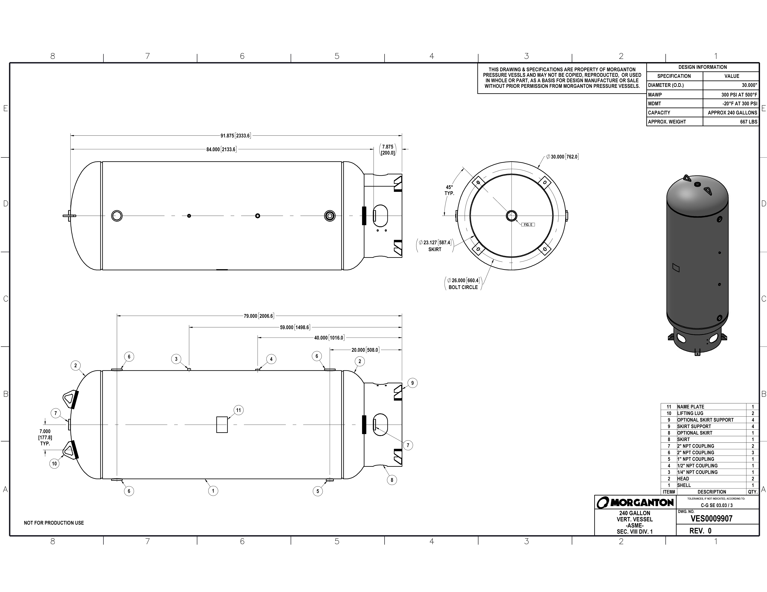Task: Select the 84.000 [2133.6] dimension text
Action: point(221,149)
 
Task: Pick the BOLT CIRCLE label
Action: point(463,287)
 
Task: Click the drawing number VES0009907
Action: point(711,519)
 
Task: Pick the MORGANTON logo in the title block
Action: point(635,503)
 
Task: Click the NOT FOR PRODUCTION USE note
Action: point(54,523)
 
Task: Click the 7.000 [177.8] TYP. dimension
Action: point(45,437)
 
